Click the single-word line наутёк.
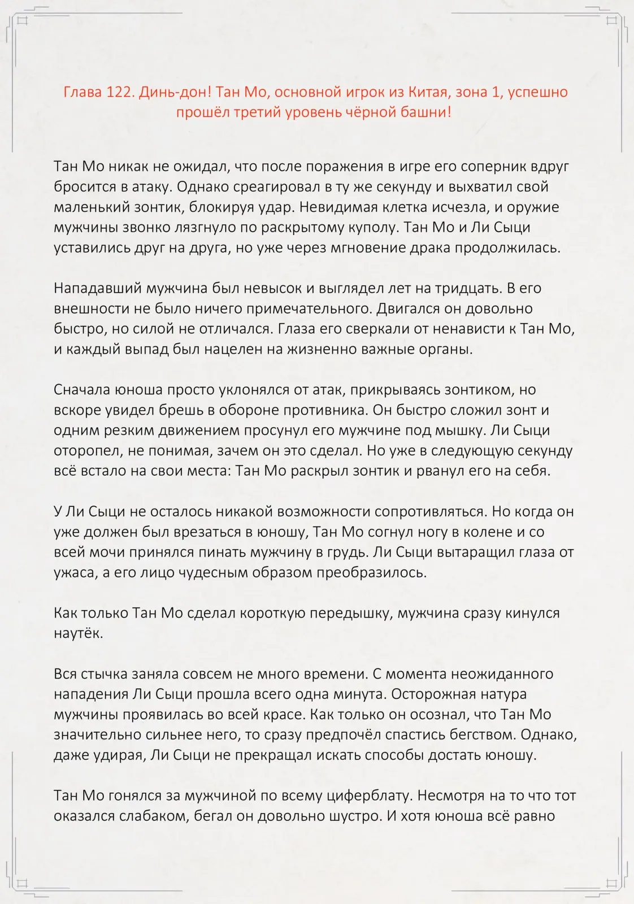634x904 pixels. [78, 634]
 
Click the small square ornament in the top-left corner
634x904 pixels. [23, 21]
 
